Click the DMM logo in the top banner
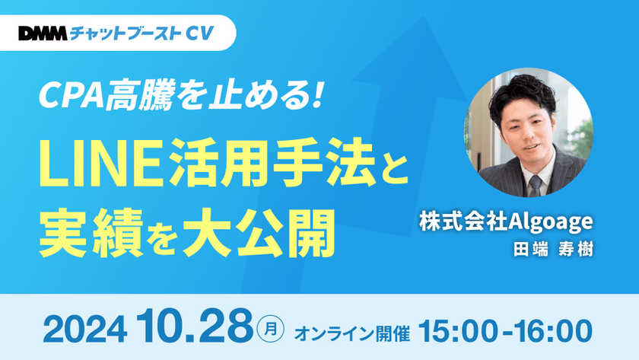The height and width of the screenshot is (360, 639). pos(43,33)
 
